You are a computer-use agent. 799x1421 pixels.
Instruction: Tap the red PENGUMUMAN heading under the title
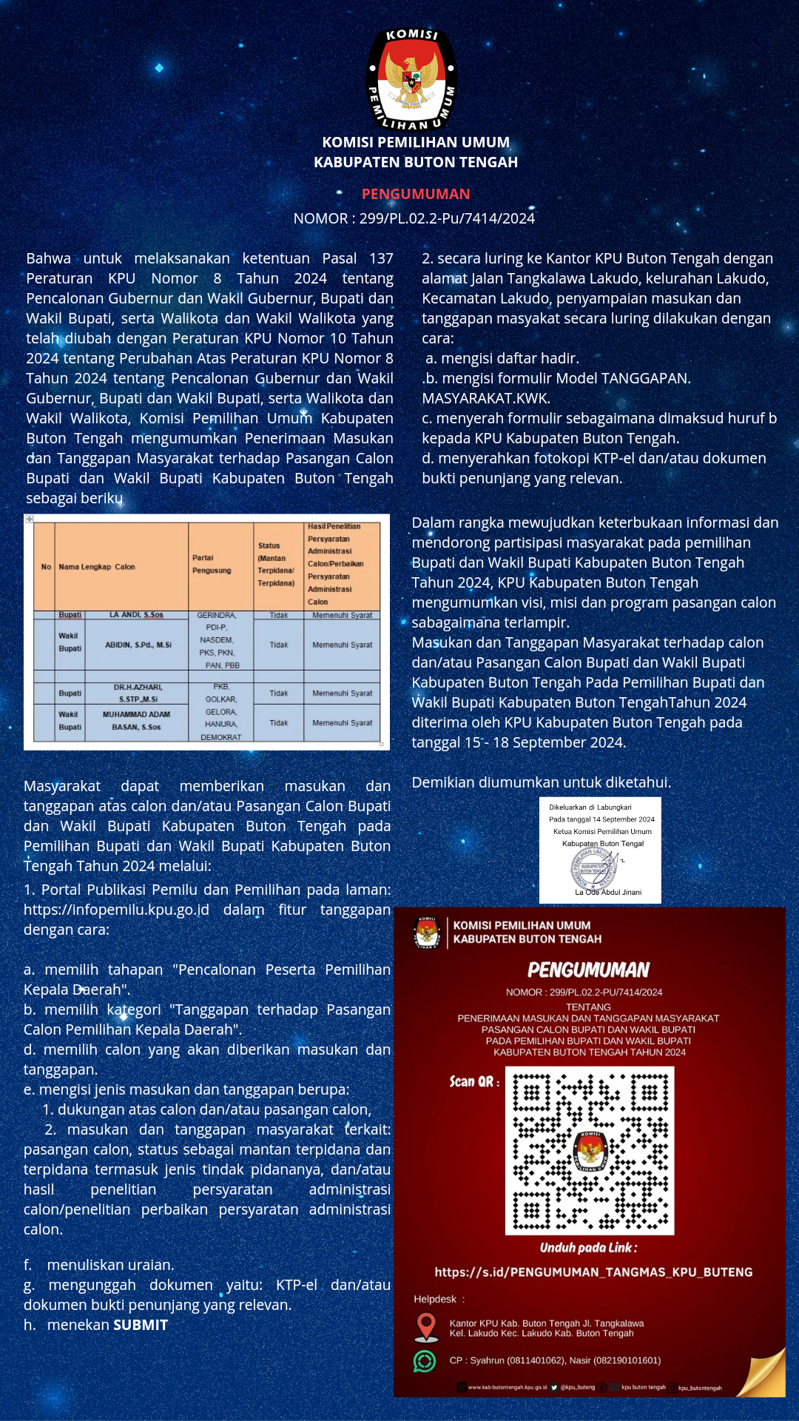416,194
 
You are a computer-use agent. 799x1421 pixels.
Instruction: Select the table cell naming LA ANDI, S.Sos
136,615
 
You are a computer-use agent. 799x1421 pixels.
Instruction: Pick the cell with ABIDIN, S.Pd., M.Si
138,645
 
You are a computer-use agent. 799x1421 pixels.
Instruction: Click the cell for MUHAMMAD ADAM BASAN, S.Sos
136,721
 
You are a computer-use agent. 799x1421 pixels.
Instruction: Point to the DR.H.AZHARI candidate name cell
138,693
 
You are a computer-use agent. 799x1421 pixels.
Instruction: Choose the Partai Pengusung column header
212,564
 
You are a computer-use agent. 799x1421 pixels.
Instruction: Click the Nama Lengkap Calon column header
97,567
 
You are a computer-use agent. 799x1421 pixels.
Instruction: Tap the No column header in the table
46,567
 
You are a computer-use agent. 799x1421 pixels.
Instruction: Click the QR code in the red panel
590,1150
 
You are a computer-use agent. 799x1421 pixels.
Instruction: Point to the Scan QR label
474,1081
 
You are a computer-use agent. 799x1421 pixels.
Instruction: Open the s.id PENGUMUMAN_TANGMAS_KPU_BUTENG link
593,1272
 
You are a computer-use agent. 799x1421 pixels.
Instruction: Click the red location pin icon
426,1326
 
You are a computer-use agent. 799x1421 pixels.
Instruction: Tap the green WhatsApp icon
425,1360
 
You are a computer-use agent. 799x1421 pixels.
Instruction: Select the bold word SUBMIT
141,1325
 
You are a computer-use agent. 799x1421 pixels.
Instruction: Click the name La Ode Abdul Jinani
608,892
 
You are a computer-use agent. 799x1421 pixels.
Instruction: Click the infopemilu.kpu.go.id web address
116,910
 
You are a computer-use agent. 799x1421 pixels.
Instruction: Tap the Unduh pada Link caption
588,1248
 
